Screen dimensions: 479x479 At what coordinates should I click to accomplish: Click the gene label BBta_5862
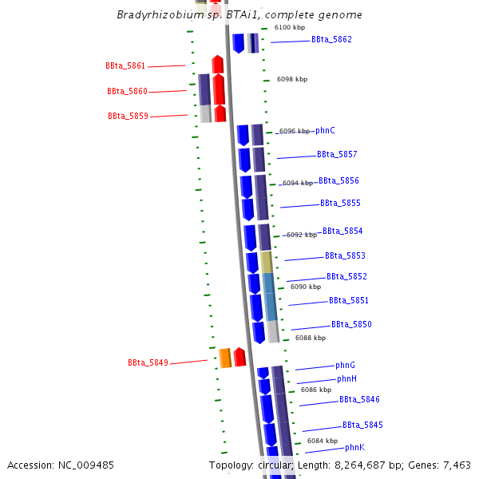(x=331, y=39)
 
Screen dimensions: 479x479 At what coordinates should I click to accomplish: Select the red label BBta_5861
(x=125, y=65)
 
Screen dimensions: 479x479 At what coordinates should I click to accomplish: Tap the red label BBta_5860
(x=127, y=92)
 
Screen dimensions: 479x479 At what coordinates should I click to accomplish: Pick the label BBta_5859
(x=128, y=116)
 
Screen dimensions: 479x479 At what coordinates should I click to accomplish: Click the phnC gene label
(x=325, y=130)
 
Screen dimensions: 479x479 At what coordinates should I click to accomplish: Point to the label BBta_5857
(x=337, y=154)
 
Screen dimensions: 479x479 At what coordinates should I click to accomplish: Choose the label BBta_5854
(x=342, y=231)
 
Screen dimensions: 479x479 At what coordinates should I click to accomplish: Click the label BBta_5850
(x=351, y=324)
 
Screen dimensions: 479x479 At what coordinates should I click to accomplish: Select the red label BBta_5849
(x=148, y=362)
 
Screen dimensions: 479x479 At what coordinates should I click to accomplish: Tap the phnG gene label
(x=345, y=365)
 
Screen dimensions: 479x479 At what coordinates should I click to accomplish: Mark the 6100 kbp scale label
(x=289, y=27)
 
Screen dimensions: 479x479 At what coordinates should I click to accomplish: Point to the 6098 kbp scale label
(x=291, y=79)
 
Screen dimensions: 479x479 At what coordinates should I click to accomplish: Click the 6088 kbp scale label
(x=310, y=338)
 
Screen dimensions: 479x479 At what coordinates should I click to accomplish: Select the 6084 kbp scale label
(x=322, y=441)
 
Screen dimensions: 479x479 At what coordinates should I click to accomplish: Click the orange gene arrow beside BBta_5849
(x=225, y=358)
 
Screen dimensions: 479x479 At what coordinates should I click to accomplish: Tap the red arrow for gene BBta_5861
(x=217, y=64)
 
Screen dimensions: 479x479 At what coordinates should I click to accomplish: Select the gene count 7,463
(x=455, y=465)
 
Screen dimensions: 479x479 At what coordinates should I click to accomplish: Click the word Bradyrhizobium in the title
(x=153, y=14)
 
